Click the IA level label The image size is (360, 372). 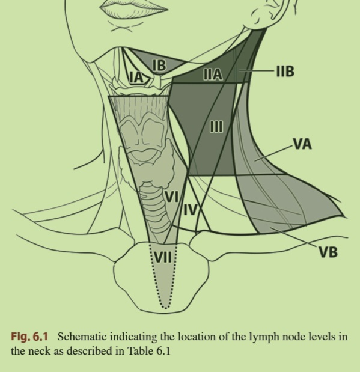pos(137,78)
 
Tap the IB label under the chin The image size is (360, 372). pos(159,66)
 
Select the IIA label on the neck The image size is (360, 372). pos(213,75)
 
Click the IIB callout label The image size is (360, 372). pos(285,71)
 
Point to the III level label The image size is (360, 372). pos(217,126)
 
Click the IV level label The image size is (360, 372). pos(191,210)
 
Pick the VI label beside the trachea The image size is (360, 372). pos(172,197)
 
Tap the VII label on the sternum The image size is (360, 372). pos(163,257)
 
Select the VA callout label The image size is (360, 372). pos(302,144)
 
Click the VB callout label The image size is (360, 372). pos(328,252)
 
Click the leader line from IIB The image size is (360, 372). pos(257,70)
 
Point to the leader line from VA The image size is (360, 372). pos(274,153)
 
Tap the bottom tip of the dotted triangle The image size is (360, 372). pos(166,308)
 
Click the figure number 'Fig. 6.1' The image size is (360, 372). pos(29,337)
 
